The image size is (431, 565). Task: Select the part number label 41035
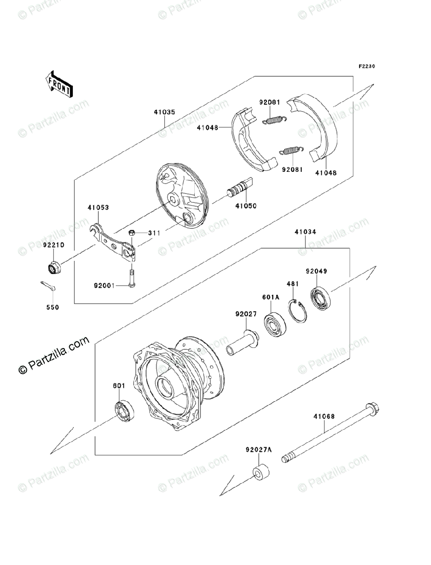(164, 113)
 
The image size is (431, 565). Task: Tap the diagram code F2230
(367, 66)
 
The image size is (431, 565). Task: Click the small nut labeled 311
(133, 233)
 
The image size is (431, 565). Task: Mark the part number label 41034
(305, 232)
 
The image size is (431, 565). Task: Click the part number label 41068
(324, 416)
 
